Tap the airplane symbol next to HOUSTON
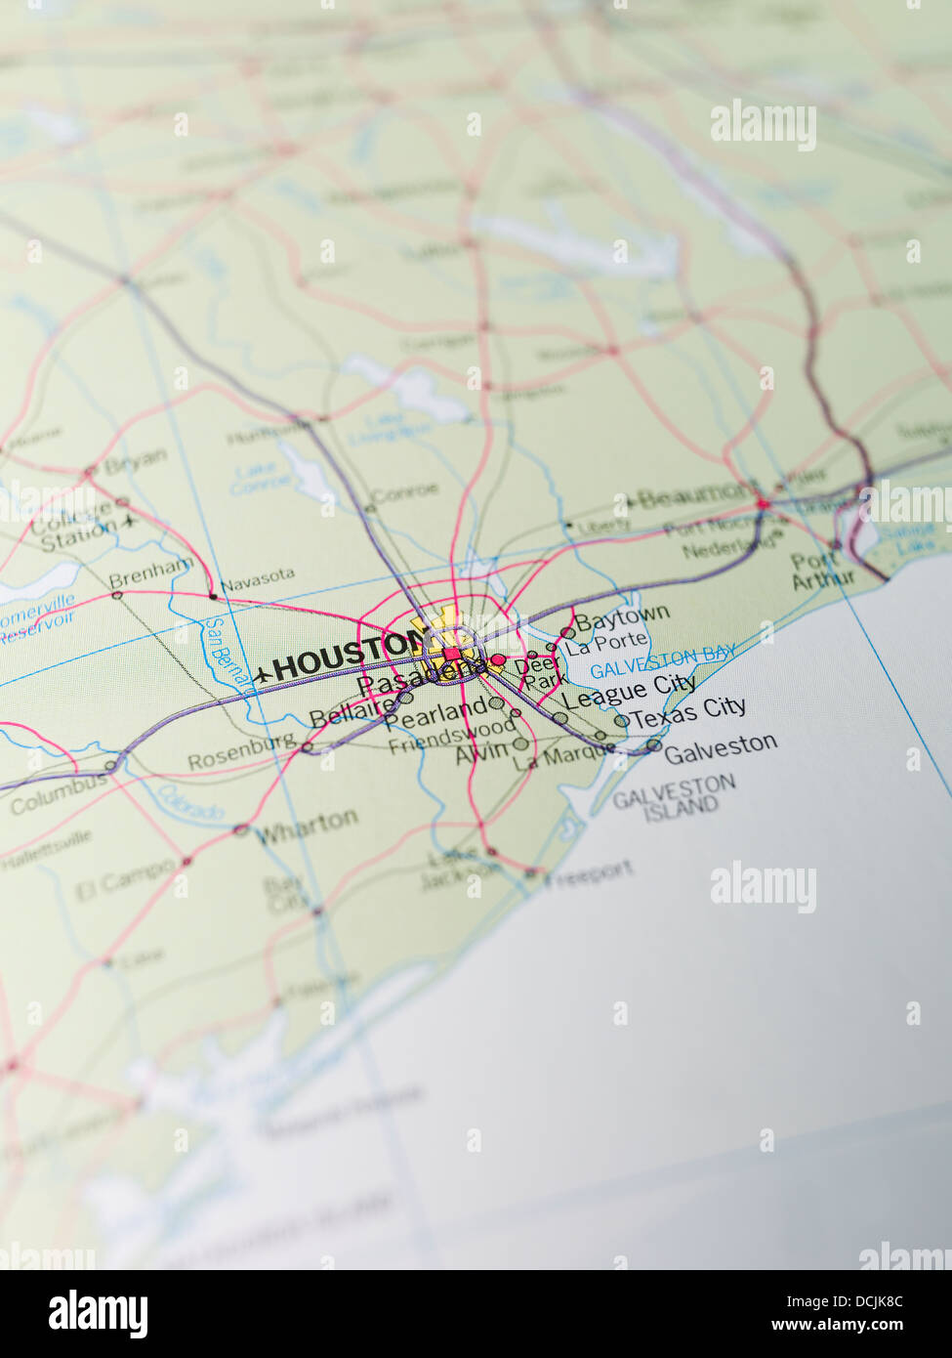pos(261,673)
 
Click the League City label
pos(629,691)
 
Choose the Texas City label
pos(689,712)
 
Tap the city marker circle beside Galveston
pos(653,746)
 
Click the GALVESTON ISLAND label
pos(676,796)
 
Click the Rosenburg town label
pos(242,752)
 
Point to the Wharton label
pos(307,828)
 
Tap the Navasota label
pos(257,580)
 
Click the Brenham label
pos(151,571)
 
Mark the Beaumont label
pos(698,495)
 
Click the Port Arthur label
pos(821,571)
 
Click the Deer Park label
pos(540,673)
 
